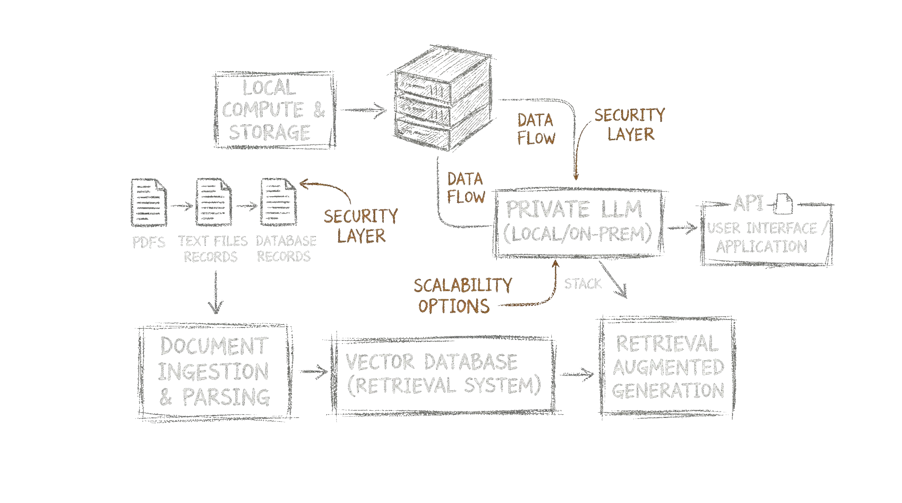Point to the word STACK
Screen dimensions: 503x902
(582, 284)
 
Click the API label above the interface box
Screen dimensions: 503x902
(748, 203)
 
